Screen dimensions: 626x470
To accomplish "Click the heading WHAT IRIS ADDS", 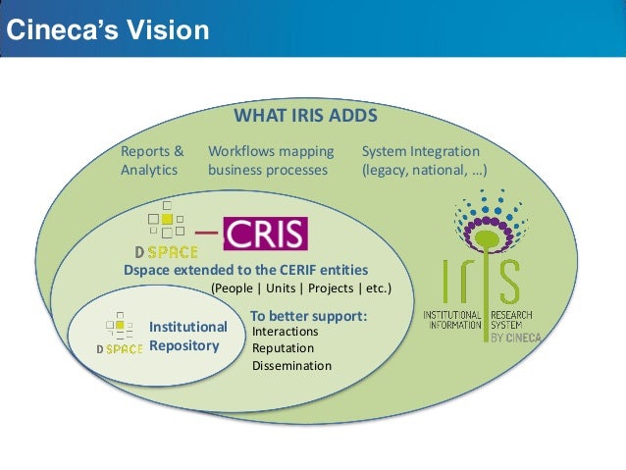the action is [305, 117].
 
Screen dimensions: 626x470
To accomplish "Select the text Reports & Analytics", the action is [151, 161].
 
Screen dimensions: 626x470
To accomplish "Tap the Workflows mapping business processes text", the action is [271, 161].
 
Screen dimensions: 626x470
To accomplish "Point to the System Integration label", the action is [421, 152].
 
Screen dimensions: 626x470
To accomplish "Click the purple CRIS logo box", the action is [265, 234].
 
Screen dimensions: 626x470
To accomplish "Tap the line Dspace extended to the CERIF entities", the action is [245, 270].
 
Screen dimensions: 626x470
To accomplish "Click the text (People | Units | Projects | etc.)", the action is [301, 288].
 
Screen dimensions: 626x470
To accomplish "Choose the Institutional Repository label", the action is [187, 336].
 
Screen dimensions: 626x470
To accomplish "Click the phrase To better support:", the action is [308, 316].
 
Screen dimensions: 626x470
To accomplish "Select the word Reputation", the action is [283, 348].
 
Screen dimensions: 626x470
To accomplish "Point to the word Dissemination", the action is [291, 366].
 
